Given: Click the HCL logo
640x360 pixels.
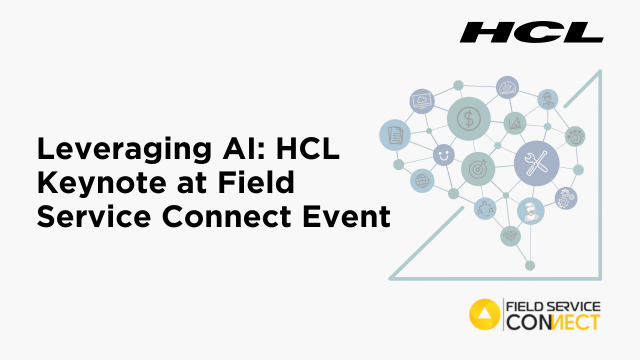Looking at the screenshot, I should [531, 32].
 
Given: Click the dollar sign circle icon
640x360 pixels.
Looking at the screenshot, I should [467, 118].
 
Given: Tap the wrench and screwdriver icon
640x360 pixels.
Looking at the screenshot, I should [536, 162].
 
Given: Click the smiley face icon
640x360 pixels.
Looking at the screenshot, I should [442, 156].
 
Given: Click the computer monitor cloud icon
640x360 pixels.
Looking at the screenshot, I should [420, 101].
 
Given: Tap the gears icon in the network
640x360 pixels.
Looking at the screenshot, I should [575, 135].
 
